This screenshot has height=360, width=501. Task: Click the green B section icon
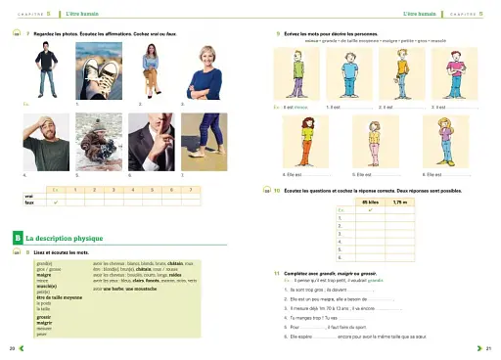(x=19, y=238)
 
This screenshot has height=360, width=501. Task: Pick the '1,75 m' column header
(x=398, y=201)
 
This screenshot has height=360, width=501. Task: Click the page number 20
(x=12, y=348)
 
